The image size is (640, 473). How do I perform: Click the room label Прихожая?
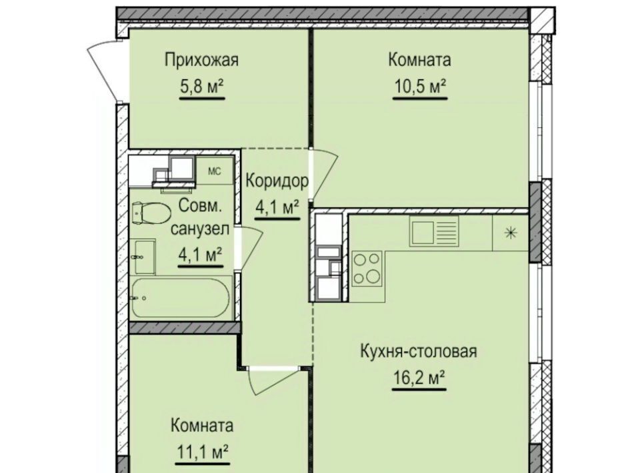[x=201, y=61]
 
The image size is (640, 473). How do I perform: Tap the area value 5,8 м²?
[x=201, y=86]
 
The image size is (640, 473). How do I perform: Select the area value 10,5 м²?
[x=420, y=86]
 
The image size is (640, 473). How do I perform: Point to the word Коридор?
[x=277, y=181]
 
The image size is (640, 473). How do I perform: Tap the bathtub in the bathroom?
[x=181, y=298]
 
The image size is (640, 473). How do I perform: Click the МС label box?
[x=215, y=171]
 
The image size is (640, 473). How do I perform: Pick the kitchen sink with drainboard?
[x=434, y=231]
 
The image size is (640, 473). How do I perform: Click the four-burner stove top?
[x=367, y=268]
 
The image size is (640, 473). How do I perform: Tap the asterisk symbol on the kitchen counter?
[x=511, y=233]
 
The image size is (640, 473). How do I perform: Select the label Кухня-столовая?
[x=419, y=351]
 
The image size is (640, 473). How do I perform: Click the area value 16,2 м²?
[x=419, y=378]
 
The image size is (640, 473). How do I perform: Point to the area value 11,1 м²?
[x=203, y=452]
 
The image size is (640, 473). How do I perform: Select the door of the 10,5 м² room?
[x=325, y=175]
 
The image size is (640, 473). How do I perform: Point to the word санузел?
[x=200, y=229]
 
